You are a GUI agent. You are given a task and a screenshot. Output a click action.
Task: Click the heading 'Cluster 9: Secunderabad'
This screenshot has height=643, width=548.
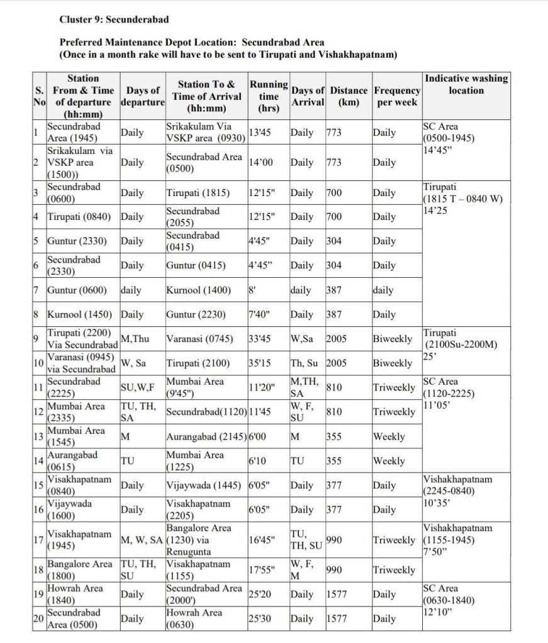coord(114,19)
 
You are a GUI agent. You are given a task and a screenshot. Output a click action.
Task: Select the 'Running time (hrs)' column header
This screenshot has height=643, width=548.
coord(269,96)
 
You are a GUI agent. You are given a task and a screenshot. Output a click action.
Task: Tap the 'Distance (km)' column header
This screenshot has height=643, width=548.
coord(349,96)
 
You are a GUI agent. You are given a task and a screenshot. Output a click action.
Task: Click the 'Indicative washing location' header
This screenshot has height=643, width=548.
coord(466,84)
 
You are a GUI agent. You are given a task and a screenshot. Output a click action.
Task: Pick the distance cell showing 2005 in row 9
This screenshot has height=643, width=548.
coord(337,339)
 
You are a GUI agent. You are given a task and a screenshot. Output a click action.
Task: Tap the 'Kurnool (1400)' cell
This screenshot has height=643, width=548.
coord(198,290)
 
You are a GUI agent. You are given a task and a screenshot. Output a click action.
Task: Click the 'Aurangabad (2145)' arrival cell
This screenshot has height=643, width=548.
coord(206,437)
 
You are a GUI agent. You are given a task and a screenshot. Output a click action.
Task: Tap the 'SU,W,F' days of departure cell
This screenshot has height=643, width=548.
coord(137,388)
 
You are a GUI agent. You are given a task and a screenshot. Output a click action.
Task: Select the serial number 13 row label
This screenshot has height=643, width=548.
coord(38,437)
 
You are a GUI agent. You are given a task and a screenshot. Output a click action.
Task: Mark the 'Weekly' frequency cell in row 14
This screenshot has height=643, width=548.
coord(389,461)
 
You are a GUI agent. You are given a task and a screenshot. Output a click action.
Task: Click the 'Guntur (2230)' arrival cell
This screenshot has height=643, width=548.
coord(194,314)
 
